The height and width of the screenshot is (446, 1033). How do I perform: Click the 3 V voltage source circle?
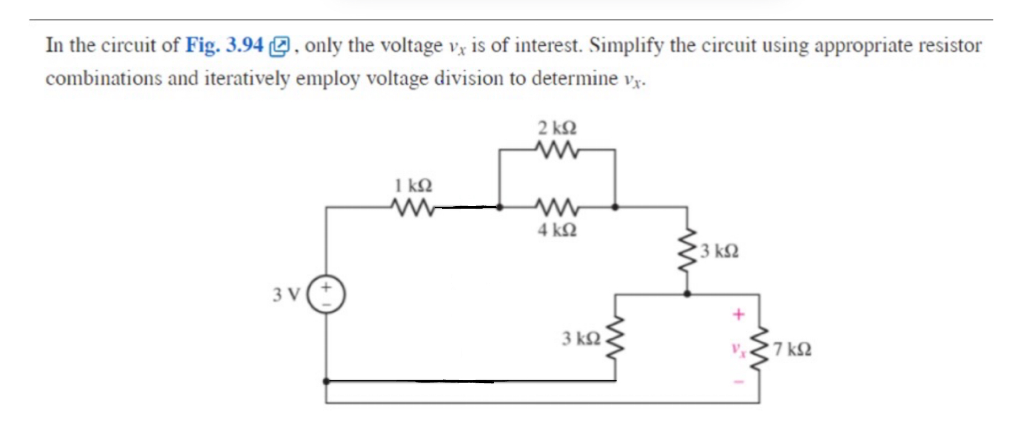tap(326, 294)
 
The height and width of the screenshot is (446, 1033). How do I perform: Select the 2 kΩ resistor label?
tap(557, 128)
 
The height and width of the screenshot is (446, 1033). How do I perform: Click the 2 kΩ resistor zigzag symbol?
tap(556, 150)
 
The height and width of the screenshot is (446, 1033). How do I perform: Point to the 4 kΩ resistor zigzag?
tap(556, 208)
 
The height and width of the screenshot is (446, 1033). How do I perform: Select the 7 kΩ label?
tap(792, 349)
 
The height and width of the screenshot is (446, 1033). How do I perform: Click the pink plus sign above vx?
tap(738, 315)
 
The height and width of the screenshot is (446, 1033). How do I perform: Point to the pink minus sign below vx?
tap(739, 381)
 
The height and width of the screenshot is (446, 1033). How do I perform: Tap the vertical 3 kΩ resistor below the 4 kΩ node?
tap(687, 251)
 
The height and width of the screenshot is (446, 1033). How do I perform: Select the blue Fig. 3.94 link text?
tap(224, 45)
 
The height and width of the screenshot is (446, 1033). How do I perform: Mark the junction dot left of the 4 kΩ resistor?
tap(499, 208)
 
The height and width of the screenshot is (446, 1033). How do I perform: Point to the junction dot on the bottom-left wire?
tap(326, 381)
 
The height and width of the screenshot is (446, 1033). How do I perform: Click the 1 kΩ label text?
tap(413, 185)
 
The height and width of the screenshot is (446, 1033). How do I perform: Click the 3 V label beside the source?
tap(286, 295)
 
